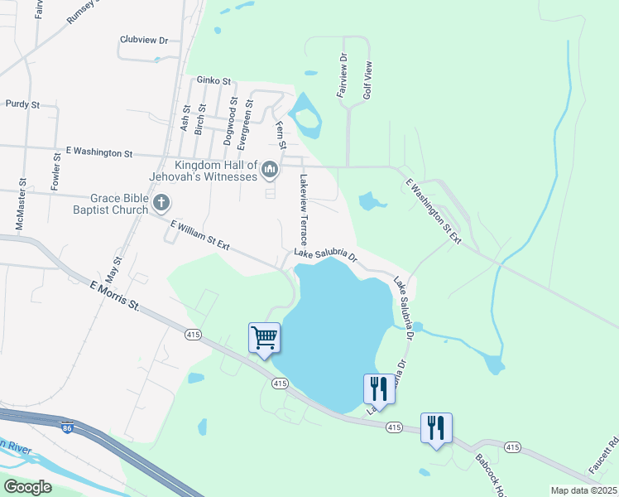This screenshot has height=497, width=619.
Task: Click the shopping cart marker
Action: coord(264,338)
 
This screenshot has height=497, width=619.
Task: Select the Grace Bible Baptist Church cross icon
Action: coord(161,202)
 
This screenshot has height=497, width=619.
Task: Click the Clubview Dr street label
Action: coord(144,40)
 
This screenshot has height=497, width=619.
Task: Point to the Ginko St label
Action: coord(213,80)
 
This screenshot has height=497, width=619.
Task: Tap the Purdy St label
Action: coord(22,104)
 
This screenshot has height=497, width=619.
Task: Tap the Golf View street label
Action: coord(367,80)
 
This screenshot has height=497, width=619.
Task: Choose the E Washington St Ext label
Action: coord(432,211)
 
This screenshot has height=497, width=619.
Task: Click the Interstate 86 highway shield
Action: coord(66,427)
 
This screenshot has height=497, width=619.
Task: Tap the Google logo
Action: coord(28,486)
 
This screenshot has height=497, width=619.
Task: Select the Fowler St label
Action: coord(55,171)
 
